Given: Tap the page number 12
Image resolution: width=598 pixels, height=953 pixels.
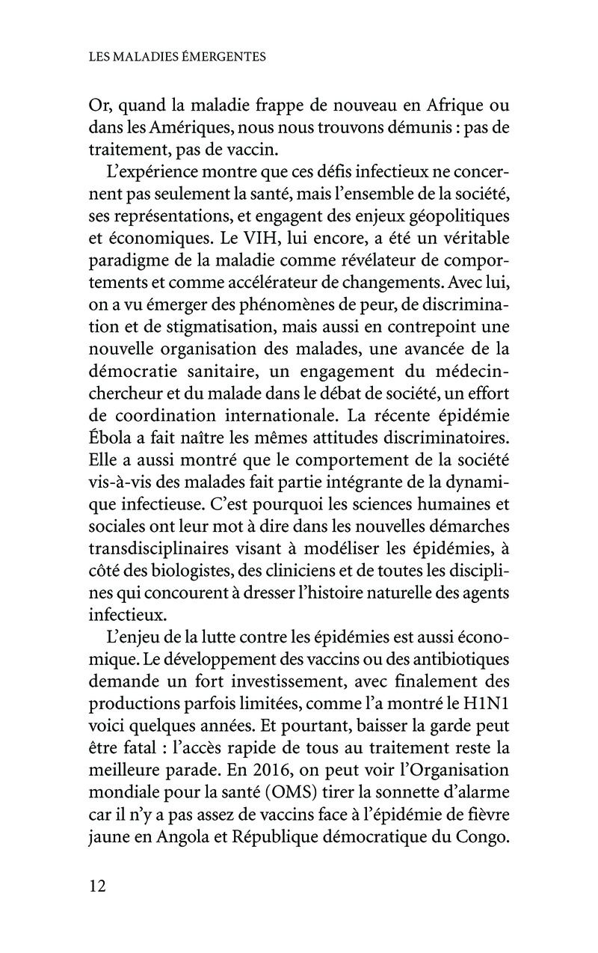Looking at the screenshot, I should click(97, 887).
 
